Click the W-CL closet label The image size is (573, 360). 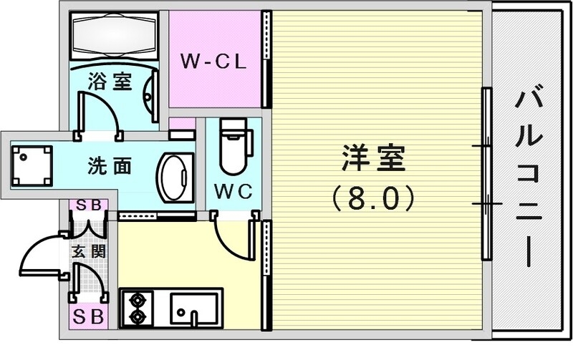213,62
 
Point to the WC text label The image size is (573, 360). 231,191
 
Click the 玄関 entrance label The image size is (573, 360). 88,252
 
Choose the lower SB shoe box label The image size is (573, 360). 88,315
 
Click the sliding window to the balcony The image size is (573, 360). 486,175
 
